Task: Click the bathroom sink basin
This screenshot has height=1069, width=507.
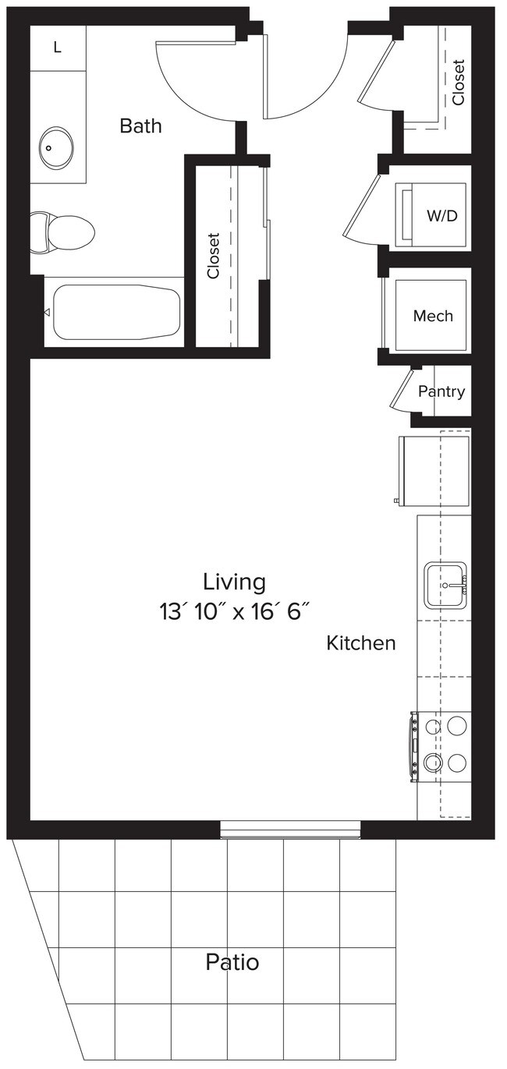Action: [57, 146]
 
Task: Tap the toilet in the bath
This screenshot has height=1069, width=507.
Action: [62, 232]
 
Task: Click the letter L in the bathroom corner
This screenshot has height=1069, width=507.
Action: [57, 48]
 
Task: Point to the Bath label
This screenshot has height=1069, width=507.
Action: [140, 126]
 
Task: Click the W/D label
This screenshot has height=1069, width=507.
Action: [441, 216]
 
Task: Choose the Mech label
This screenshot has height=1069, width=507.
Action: [433, 316]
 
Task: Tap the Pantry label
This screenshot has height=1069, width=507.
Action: [441, 391]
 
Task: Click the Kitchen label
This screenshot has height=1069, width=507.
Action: [360, 643]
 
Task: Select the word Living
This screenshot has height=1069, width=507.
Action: [234, 582]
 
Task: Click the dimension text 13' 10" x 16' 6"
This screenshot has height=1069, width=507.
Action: [234, 612]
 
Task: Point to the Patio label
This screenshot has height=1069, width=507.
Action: [232, 962]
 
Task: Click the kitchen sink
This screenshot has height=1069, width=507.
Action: [445, 586]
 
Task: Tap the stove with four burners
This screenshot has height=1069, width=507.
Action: [443, 744]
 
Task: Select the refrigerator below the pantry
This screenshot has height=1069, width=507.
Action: [434, 469]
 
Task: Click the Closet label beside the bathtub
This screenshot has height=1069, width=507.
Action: [214, 257]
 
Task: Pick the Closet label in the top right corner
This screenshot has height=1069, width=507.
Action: [458, 83]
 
